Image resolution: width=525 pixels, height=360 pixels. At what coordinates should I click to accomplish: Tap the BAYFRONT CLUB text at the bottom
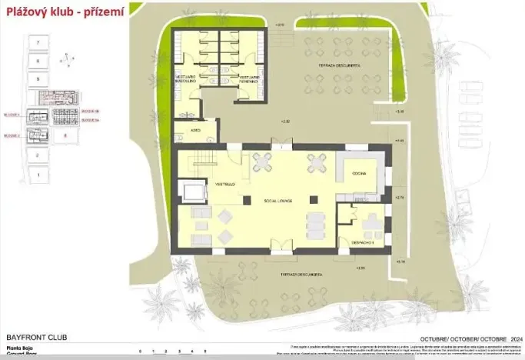pos(32,338)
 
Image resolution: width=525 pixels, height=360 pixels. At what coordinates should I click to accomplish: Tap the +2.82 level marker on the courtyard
pos(285,122)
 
